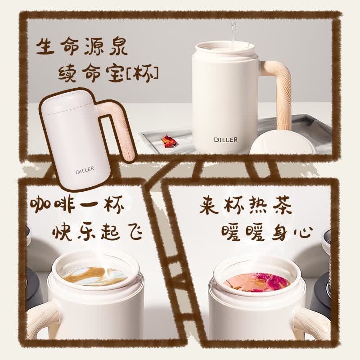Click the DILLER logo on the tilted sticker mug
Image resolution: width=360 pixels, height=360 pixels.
85,171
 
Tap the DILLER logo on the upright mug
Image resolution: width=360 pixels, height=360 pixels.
226,139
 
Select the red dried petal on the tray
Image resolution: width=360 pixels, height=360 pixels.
168,140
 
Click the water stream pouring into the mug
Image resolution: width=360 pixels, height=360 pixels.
234,32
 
